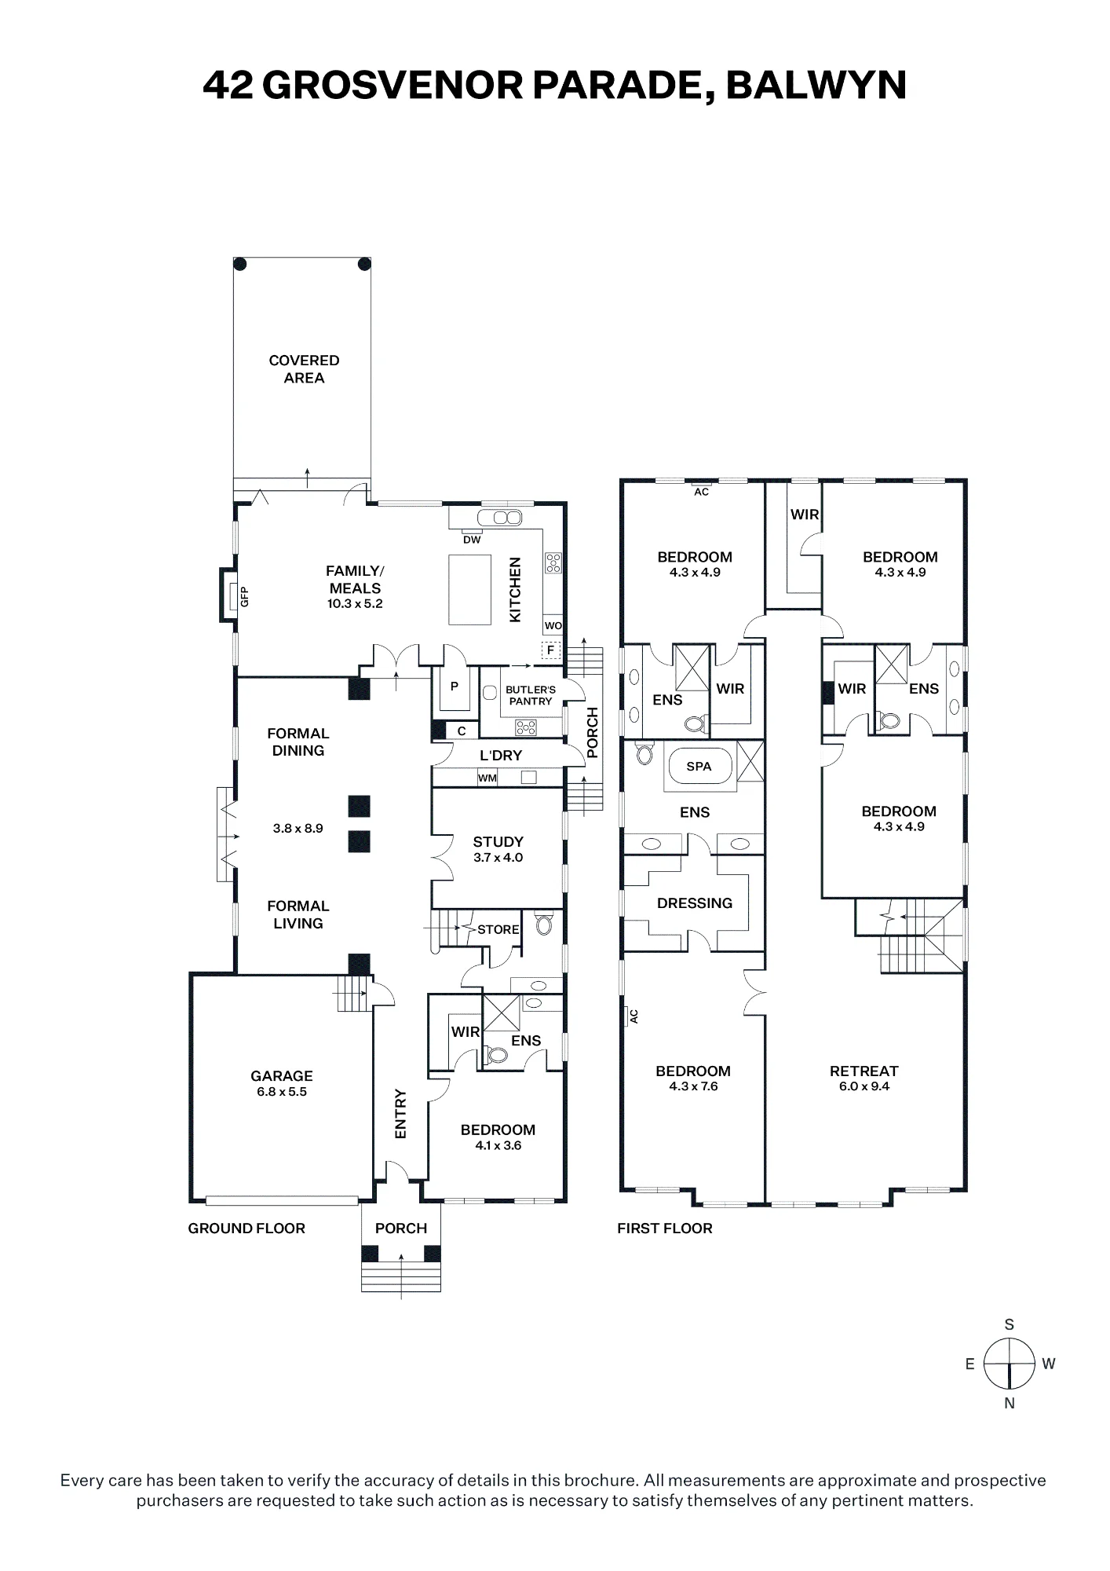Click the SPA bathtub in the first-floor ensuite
pyautogui.click(x=699, y=767)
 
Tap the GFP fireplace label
pyautogui.click(x=244, y=597)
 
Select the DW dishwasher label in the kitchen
pyautogui.click(x=472, y=540)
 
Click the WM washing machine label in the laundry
pyautogui.click(x=487, y=778)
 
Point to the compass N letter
pyautogui.click(x=1010, y=1403)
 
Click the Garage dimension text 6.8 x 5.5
pyautogui.click(x=282, y=1092)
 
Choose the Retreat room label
pyautogui.click(x=864, y=1071)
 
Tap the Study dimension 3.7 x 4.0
pyautogui.click(x=498, y=858)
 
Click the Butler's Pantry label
pyautogui.click(x=531, y=695)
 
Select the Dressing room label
pyautogui.click(x=695, y=903)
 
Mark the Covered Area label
pyautogui.click(x=304, y=369)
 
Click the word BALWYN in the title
pyautogui.click(x=816, y=85)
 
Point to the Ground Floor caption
pyautogui.click(x=246, y=1228)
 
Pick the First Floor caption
pyautogui.click(x=665, y=1228)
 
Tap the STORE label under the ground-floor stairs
pyautogui.click(x=498, y=929)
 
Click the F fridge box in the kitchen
pyautogui.click(x=551, y=650)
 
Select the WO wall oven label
pyautogui.click(x=553, y=626)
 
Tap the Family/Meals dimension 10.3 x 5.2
pyautogui.click(x=355, y=604)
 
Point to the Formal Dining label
pyautogui.click(x=298, y=742)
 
